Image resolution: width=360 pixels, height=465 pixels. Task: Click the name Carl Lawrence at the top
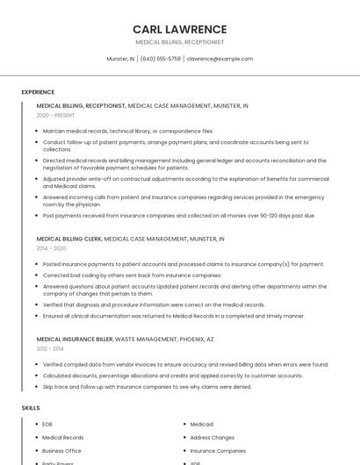pos(179,29)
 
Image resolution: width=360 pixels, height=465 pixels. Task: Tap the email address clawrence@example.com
pos(220,59)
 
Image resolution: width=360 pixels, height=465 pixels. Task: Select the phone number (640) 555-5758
pos(161,59)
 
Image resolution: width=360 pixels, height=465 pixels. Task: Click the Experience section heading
pos(38,92)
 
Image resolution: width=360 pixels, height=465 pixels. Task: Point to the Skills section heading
pos(31,408)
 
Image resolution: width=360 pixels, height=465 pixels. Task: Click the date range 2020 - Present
pos(55,115)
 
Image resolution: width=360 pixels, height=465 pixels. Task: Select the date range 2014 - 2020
pos(51,248)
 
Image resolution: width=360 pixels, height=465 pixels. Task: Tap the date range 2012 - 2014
pos(50,348)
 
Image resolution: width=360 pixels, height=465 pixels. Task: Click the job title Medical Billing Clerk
pos(69,239)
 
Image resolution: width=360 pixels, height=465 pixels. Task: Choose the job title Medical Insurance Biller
pos(75,339)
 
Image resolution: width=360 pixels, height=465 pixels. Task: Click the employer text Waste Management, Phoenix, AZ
pos(164,339)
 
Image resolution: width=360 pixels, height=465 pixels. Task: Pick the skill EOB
pos(47,425)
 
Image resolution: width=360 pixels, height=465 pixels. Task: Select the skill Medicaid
pos(202,425)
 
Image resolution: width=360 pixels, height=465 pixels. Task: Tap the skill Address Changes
pos(212,437)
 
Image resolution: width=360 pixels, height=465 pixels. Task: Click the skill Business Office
pos(61,450)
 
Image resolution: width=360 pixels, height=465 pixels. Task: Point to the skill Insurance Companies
pos(218,450)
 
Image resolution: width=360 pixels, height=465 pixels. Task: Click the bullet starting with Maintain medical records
pos(127,131)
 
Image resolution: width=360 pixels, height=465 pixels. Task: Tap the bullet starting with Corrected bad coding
pos(132,275)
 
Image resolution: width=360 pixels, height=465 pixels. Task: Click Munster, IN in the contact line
pos(120,59)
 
